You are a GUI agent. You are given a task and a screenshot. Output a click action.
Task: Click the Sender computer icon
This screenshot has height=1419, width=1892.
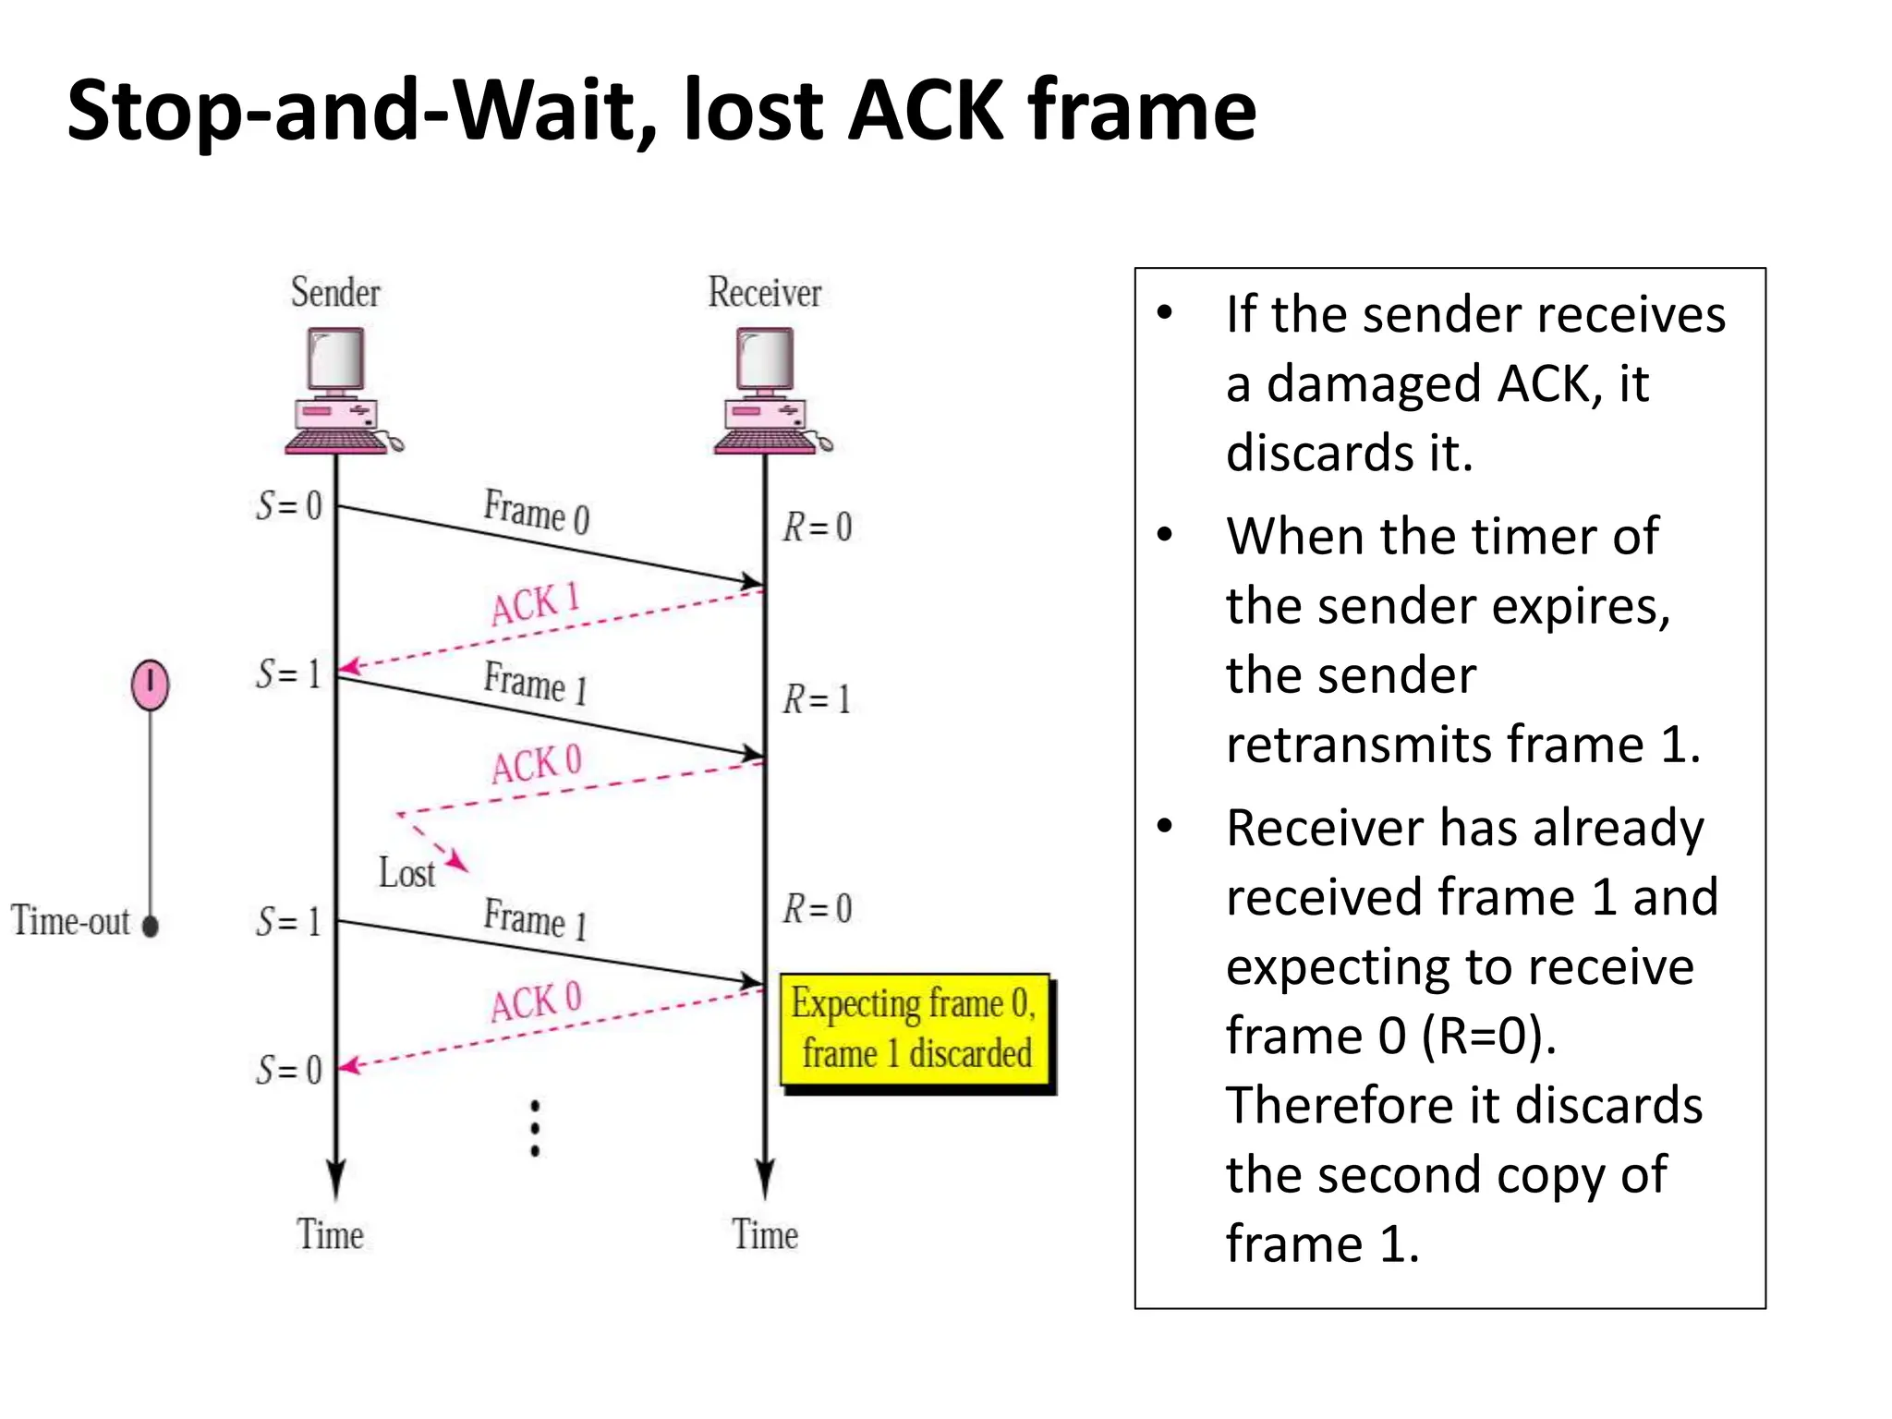(x=339, y=392)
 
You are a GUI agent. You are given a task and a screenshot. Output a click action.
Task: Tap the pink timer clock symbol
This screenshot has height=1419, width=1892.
(x=150, y=685)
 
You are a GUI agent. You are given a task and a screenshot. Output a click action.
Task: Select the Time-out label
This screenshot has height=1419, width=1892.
(x=70, y=921)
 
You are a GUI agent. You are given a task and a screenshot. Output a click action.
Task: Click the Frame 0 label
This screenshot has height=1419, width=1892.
(x=536, y=511)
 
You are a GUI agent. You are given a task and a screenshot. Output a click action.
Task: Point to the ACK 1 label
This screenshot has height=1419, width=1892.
(x=535, y=604)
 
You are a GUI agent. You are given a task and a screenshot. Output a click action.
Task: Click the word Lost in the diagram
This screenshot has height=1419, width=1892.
(x=406, y=873)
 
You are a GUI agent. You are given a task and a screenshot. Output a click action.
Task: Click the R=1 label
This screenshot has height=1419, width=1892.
(x=817, y=699)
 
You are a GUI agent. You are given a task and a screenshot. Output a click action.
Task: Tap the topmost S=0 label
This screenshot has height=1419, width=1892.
(x=289, y=505)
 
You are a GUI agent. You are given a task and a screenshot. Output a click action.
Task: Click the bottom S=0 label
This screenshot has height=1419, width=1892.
(x=289, y=1070)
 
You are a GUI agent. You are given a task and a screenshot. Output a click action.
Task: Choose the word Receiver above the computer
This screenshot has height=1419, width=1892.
(x=764, y=293)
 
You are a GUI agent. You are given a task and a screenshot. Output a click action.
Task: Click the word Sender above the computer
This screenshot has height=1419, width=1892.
(x=335, y=293)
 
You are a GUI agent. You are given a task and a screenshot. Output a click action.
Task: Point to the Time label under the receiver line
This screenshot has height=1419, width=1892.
(x=765, y=1235)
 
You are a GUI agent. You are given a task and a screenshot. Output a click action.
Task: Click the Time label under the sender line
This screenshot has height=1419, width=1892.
(x=330, y=1235)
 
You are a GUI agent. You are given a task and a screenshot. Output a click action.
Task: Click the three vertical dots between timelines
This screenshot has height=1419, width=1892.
(x=535, y=1128)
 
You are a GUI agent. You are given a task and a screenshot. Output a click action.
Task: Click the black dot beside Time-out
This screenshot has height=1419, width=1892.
(x=151, y=925)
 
